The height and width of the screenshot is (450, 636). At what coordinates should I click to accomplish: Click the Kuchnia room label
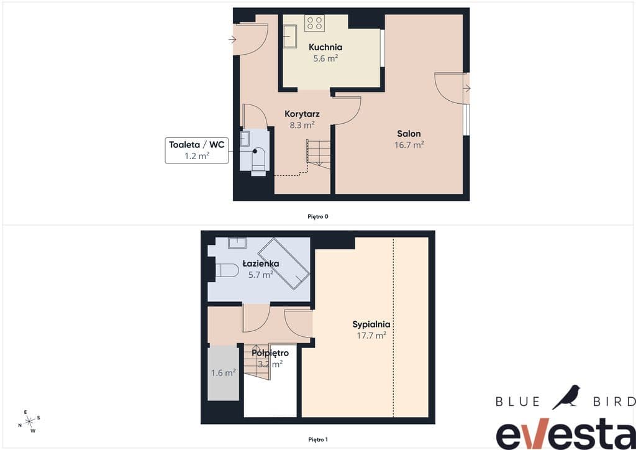325,47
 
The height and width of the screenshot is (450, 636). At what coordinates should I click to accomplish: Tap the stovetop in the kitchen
314,23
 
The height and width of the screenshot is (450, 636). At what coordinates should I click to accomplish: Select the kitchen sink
289,36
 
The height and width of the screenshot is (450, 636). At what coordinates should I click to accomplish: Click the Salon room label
409,134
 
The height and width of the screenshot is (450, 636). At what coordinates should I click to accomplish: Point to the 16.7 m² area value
409,144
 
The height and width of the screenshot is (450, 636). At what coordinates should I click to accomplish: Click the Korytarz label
302,114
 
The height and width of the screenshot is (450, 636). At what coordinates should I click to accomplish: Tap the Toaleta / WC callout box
197,150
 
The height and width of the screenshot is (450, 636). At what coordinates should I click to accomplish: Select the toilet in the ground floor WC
258,161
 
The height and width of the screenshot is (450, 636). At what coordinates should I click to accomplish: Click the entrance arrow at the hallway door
232,39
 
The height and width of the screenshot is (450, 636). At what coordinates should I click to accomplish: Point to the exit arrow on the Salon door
466,88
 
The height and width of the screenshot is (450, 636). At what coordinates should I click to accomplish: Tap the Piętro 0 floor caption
318,217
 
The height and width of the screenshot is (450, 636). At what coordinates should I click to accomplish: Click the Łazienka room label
261,264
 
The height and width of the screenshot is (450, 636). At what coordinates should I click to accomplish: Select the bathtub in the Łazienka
284,264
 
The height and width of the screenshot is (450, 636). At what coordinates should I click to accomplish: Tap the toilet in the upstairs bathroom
227,270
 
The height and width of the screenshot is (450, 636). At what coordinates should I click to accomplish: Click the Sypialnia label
371,324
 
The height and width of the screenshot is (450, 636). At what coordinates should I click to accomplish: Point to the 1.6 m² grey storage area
223,373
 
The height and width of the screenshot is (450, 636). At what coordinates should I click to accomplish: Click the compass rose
30,421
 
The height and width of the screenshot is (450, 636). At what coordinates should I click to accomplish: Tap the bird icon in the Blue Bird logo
566,397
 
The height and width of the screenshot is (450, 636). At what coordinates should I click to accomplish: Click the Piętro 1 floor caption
318,439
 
